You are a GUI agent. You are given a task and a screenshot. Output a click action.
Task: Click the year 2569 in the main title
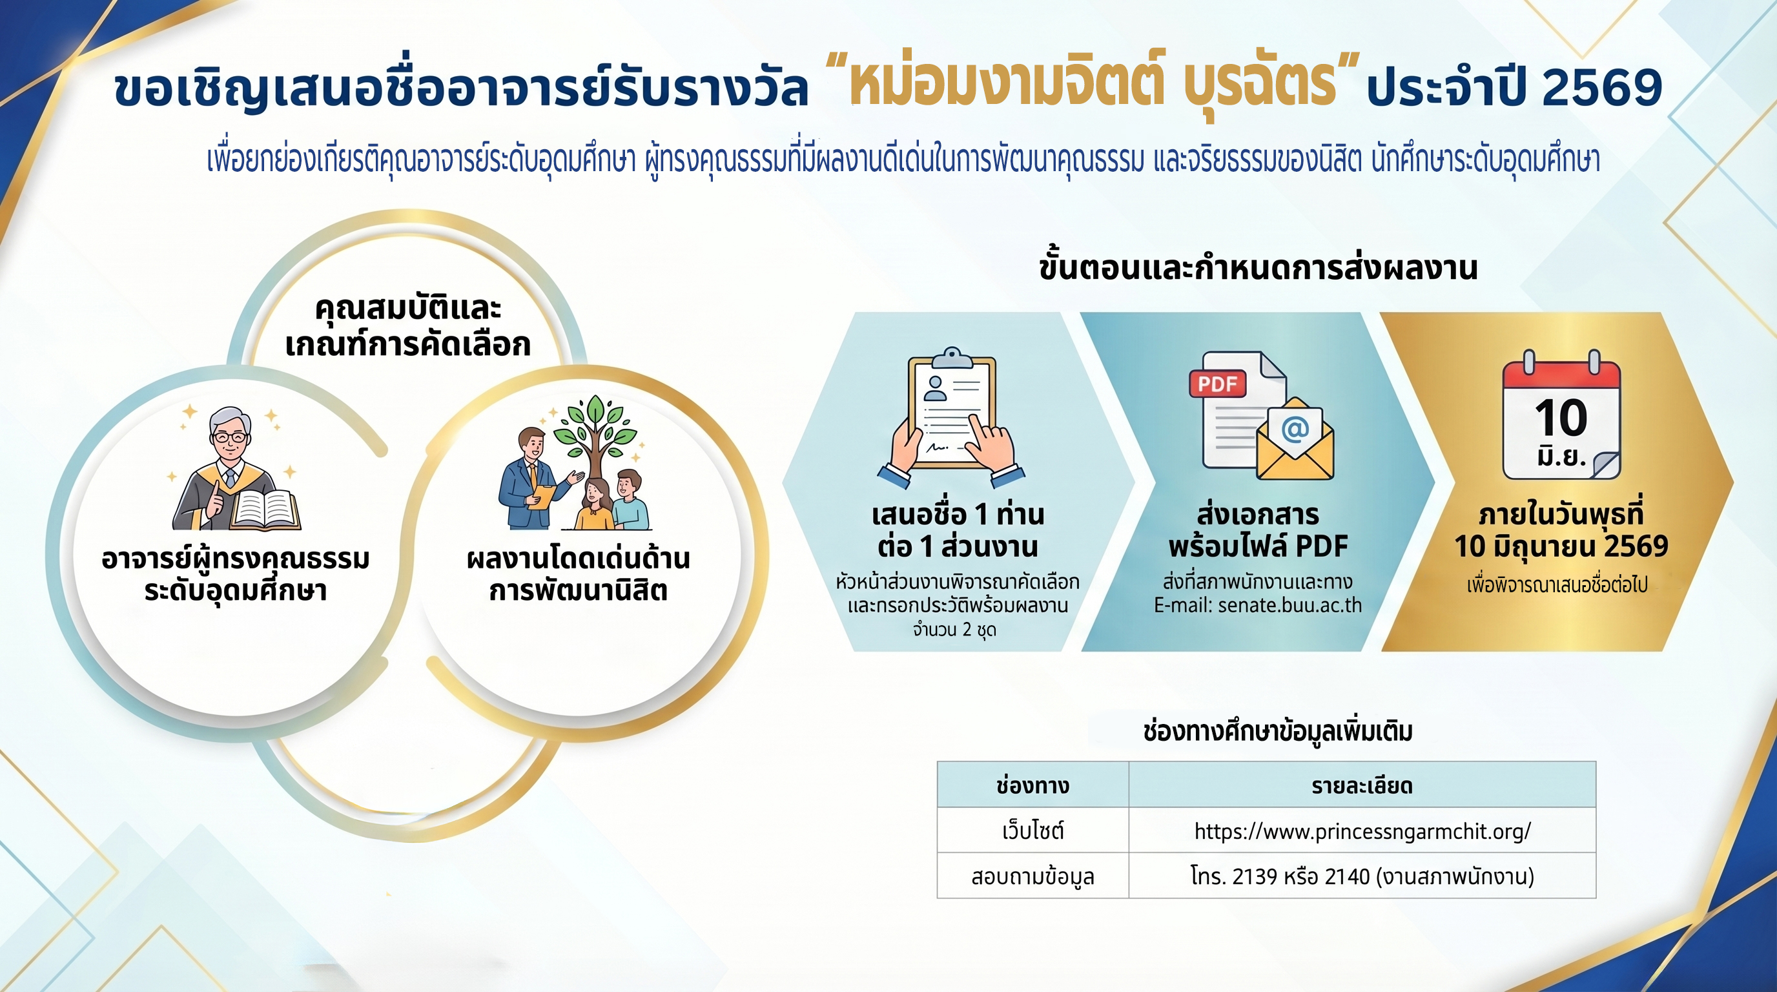click(x=1601, y=88)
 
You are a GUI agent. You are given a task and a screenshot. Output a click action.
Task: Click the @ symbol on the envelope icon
click(x=1295, y=429)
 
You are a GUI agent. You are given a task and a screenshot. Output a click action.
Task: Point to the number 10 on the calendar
click(x=1561, y=417)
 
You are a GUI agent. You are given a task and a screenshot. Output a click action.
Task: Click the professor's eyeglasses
click(x=231, y=437)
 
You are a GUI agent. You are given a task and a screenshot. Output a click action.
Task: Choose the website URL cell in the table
click(x=1362, y=831)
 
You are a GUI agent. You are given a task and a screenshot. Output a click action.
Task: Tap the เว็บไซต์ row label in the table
click(x=1032, y=831)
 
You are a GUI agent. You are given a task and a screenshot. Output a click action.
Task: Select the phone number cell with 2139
click(x=1362, y=876)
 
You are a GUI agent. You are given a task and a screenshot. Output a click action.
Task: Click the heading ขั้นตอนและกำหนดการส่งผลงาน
click(x=1258, y=267)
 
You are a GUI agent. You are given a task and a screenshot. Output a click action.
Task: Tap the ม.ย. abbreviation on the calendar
click(x=1561, y=457)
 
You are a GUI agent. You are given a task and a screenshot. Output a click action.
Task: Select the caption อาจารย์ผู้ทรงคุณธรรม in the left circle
click(x=235, y=558)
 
